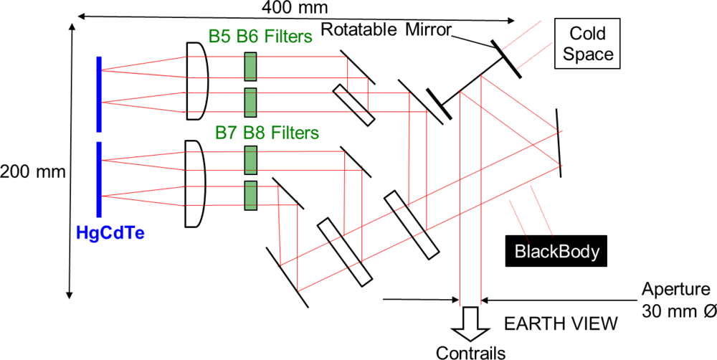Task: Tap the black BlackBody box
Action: (554, 252)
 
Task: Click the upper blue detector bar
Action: (99, 95)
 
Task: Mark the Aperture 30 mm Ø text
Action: (675, 301)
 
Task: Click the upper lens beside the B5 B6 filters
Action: (197, 80)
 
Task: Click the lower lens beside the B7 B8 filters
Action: (195, 184)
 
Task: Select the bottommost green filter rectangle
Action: (250, 196)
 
